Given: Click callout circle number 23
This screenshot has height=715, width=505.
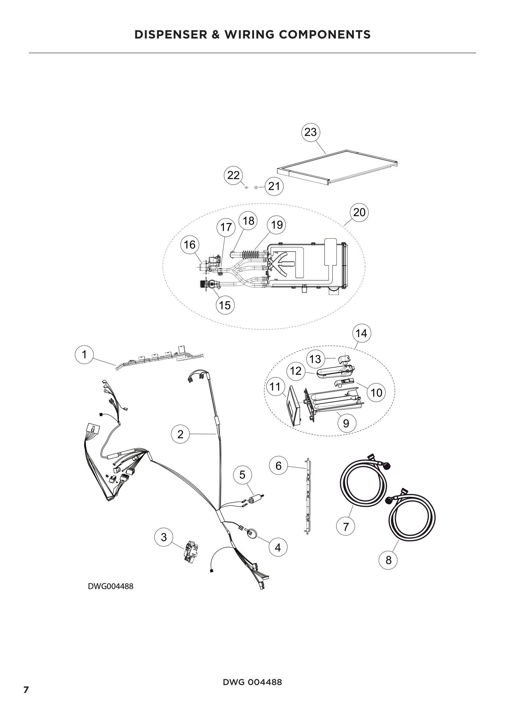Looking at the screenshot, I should [310, 132].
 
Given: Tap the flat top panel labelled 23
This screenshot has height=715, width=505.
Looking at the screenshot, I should [337, 167].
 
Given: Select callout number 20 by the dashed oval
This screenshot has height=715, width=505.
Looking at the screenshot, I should [359, 212].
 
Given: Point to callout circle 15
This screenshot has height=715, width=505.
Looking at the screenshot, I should [225, 305].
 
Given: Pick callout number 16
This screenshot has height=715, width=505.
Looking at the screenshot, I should [190, 245].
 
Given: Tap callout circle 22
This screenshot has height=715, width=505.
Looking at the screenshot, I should [233, 175].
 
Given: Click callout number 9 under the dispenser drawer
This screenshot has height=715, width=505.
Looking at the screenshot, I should [346, 423].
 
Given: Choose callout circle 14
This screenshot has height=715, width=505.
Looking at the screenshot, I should [361, 334].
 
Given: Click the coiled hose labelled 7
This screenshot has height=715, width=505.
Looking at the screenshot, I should [363, 489].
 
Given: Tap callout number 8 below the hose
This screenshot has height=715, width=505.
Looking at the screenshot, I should [388, 560].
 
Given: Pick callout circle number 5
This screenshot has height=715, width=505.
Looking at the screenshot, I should [242, 475].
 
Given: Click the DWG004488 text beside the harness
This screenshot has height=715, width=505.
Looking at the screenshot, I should [111, 586].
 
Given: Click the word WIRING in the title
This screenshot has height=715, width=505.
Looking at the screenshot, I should [246, 35].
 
